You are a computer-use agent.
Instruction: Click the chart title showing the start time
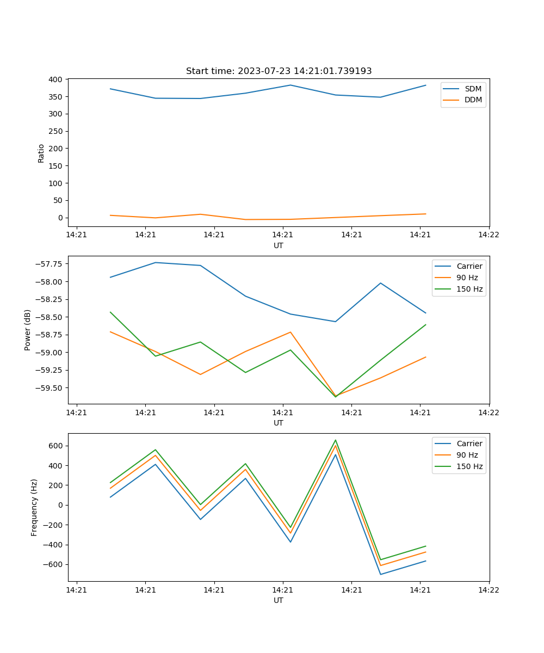point(279,71)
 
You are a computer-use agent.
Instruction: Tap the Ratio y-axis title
point(41,153)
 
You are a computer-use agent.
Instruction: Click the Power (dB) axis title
point(28,330)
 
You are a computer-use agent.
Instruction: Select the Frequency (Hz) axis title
point(34,507)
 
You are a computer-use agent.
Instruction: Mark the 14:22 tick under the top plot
point(489,235)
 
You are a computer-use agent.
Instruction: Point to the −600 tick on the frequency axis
point(52,565)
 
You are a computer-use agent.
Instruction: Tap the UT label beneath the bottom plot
point(279,600)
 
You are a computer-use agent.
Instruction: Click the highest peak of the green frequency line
point(336,440)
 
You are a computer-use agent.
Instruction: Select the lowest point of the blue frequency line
point(380,574)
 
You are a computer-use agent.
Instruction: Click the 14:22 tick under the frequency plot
point(489,590)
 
